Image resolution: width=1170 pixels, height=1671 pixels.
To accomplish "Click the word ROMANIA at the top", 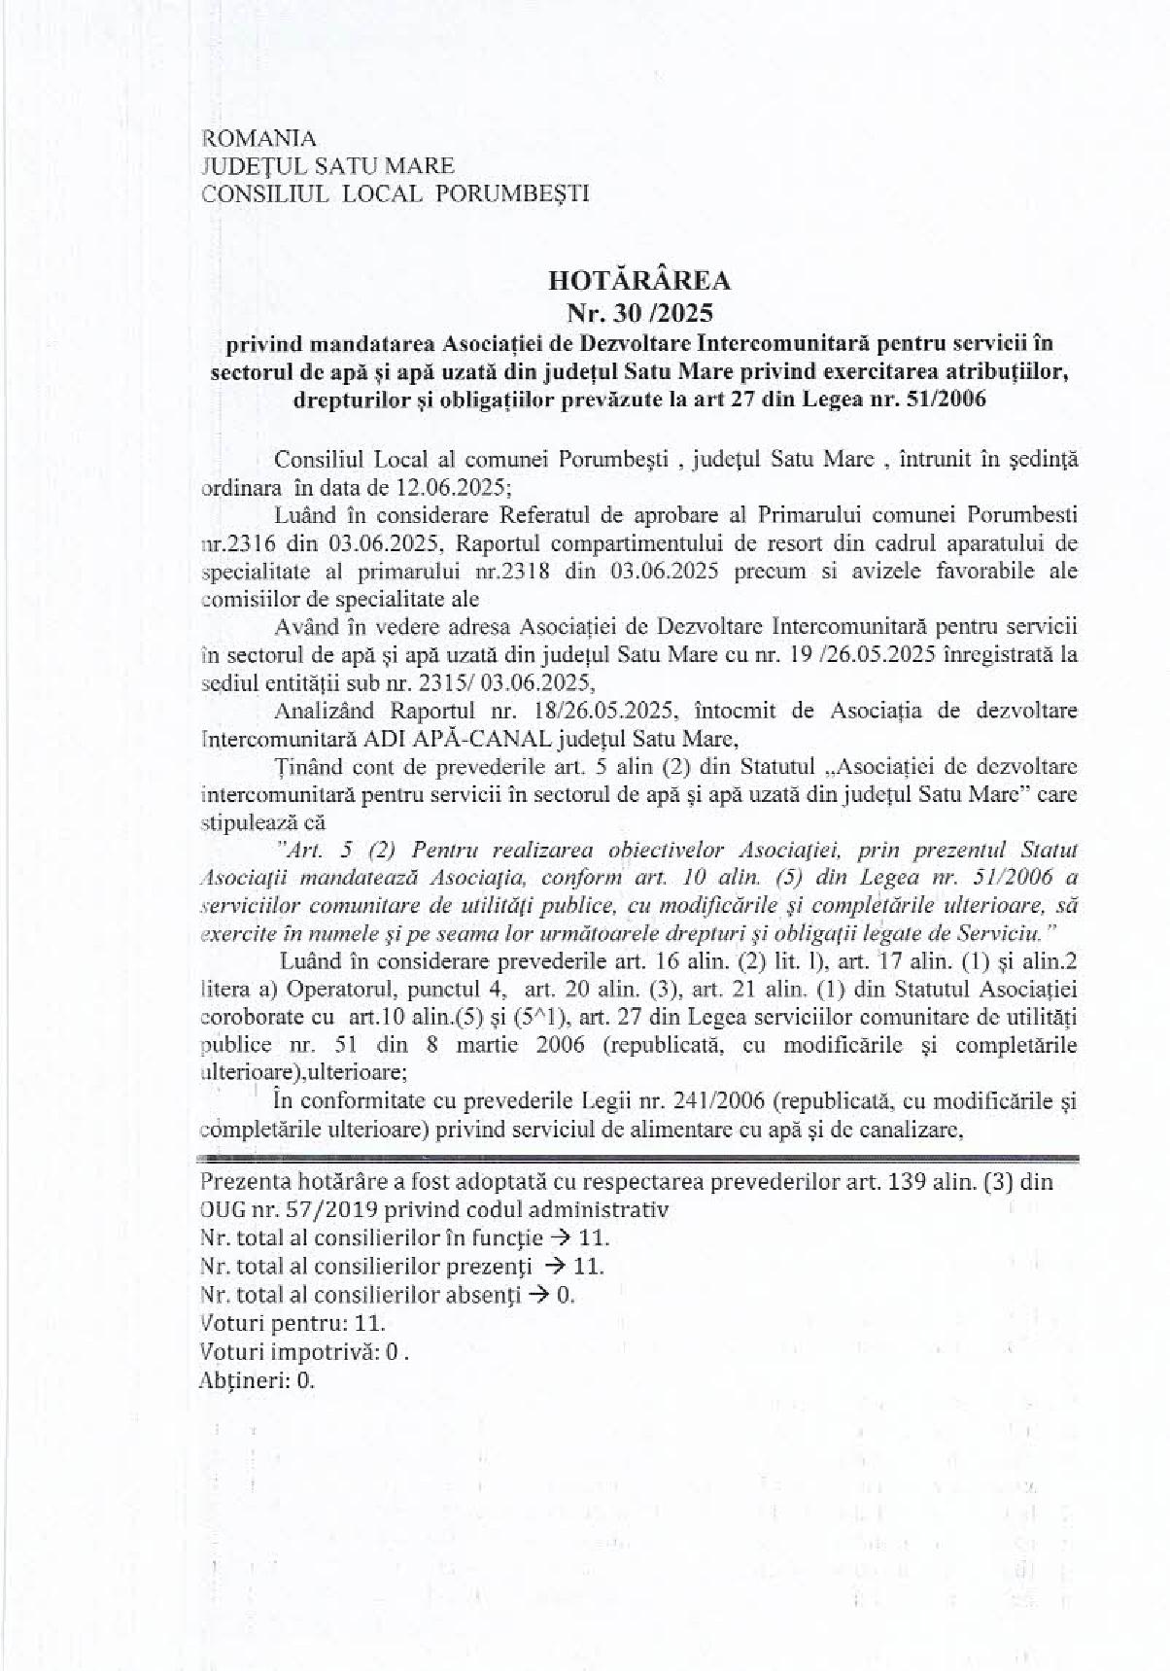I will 258,139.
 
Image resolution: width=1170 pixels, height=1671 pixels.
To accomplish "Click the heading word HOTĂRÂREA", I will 639,282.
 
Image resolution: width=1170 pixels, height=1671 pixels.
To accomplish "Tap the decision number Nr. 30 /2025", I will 639,313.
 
